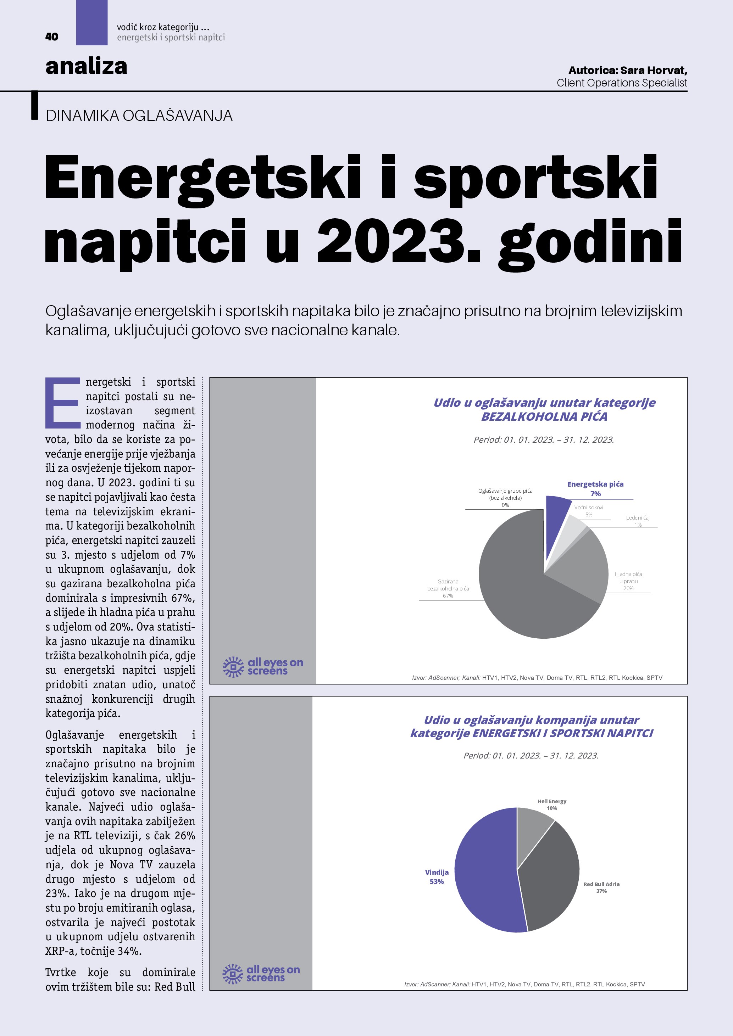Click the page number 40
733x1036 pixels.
51,37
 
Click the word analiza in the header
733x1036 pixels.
86,66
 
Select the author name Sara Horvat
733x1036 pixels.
654,71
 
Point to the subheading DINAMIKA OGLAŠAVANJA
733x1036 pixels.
139,116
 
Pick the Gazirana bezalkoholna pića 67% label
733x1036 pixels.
448,588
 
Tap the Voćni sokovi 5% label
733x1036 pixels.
589,511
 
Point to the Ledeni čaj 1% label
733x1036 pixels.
638,521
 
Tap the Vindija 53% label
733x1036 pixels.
437,877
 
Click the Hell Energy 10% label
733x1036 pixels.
551,805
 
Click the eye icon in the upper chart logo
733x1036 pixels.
233,667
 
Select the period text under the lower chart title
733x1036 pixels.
531,756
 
